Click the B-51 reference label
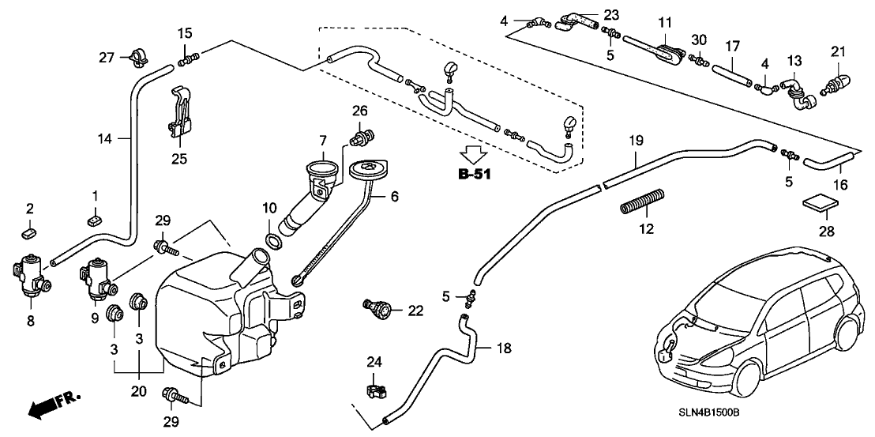[x=475, y=174]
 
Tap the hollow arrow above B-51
[x=475, y=153]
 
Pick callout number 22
[x=416, y=311]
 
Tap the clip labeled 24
[x=375, y=390]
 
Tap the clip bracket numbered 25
[x=180, y=116]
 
